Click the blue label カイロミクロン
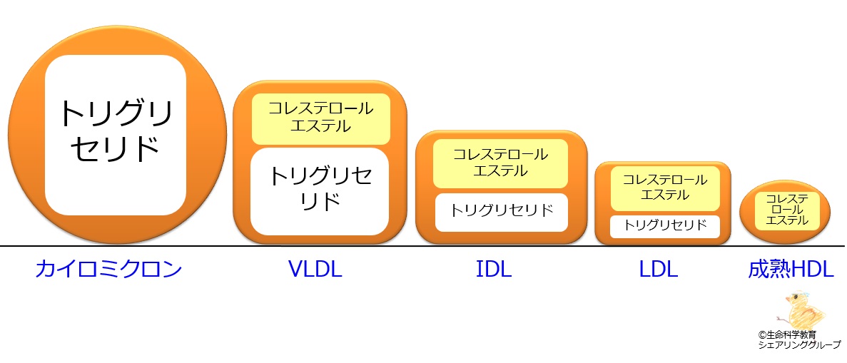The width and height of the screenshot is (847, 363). (108, 269)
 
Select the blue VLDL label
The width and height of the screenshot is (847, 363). (315, 269)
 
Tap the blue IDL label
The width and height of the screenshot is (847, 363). (494, 269)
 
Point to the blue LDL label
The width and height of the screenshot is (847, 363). (659, 269)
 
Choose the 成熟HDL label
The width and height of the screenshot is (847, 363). (791, 269)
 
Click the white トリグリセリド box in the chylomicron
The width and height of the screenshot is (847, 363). (116, 135)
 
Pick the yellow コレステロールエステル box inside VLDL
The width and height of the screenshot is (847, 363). (321, 119)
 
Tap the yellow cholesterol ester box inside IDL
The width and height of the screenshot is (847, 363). (500, 164)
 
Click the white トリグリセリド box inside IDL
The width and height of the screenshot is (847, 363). (502, 212)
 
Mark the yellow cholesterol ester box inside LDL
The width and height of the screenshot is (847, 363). (665, 188)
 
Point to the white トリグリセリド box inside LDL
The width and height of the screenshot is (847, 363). (665, 226)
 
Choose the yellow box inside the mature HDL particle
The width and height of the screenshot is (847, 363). (787, 210)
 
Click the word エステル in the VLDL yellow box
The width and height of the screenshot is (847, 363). (321, 127)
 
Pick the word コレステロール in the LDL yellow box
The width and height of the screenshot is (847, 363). (665, 180)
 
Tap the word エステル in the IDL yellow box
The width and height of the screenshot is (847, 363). (500, 171)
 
